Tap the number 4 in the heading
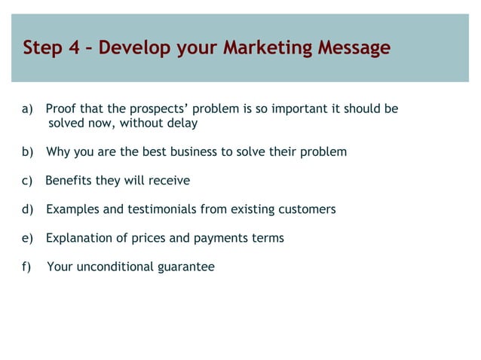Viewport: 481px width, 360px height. click(x=74, y=48)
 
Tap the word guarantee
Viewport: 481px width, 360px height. click(x=186, y=267)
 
